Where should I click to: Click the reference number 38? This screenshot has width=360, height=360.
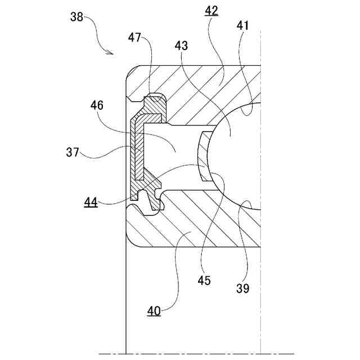77,17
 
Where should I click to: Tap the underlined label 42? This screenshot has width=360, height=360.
212,11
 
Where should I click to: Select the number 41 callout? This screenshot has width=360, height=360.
244,25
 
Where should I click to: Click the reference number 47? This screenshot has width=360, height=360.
134,38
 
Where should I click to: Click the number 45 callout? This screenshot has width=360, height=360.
204,280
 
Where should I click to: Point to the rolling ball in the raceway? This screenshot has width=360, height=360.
236,155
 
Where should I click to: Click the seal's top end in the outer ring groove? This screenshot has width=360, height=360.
154,101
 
